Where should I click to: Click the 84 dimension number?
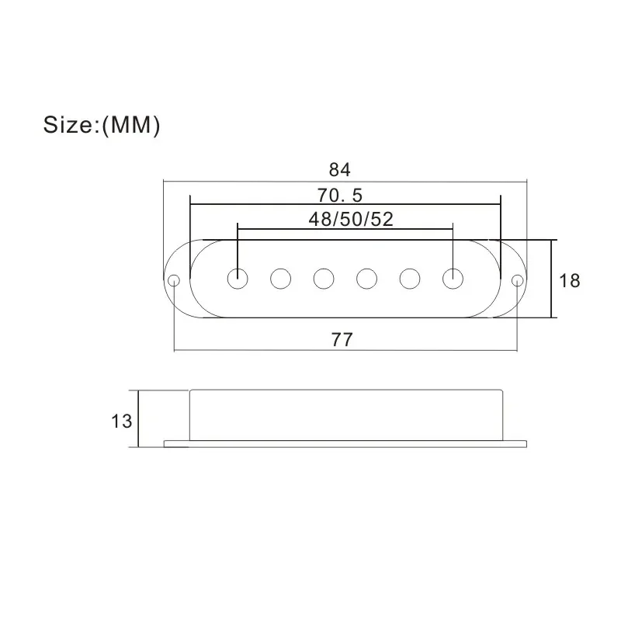[x=339, y=170]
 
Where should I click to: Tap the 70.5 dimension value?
[x=340, y=196]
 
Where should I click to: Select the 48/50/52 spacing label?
[x=351, y=219]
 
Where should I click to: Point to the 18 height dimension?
[x=569, y=281]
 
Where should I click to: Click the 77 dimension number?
[x=342, y=340]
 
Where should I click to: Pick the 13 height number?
[x=121, y=421]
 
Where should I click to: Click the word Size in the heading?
[x=68, y=125]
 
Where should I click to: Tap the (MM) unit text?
[x=131, y=126]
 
